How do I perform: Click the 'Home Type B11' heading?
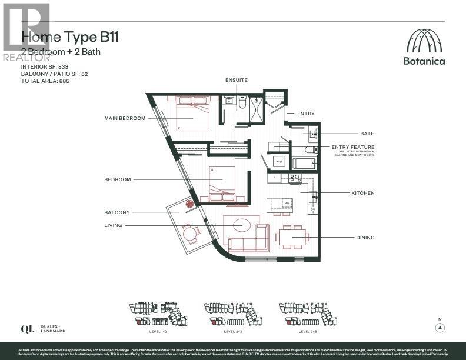pos(70,37)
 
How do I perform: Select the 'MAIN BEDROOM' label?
pos(124,118)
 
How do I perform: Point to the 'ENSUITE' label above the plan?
pos(236,79)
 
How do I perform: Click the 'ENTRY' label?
pos(306,114)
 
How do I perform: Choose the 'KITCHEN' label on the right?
pos(362,193)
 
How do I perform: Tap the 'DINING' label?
pos(365,238)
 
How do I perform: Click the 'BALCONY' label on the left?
pos(118,212)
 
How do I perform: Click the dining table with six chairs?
pos(292,237)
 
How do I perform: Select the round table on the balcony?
pos(191,235)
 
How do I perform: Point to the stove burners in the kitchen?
pos(294,177)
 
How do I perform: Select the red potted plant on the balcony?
pos(190,204)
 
